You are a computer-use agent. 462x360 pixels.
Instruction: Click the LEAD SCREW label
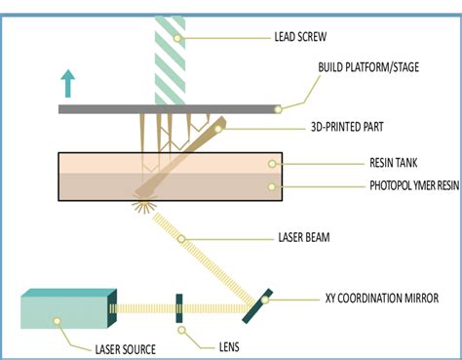[x=306, y=39]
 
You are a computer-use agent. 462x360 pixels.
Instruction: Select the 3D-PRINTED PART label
[x=332, y=127]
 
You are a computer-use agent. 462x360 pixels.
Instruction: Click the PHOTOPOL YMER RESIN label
[x=393, y=184]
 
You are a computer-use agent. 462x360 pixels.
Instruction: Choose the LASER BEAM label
[x=306, y=234]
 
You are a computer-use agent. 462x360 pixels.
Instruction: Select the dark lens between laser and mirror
[x=178, y=309]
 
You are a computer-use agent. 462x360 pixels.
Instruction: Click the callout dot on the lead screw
[x=181, y=39]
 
